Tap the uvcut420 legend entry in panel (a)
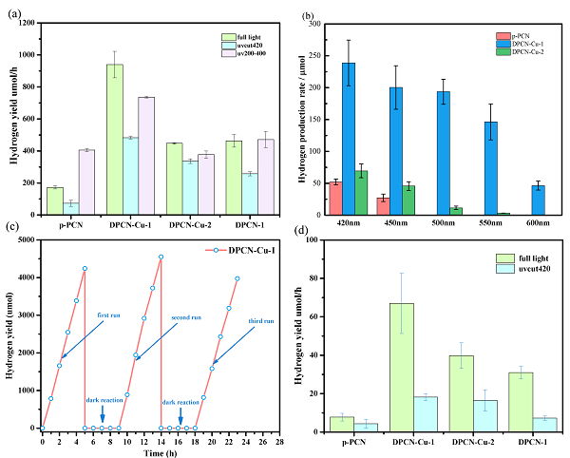[x=234, y=46]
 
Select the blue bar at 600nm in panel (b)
[x=537, y=200]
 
